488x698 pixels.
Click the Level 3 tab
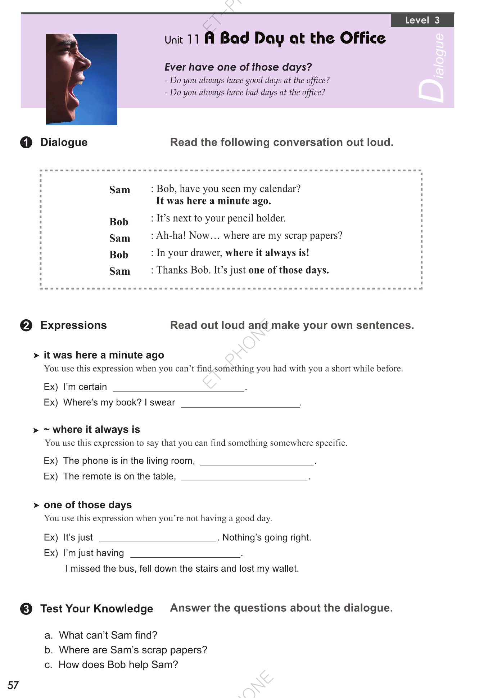[422, 20]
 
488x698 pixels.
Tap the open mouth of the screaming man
[73, 93]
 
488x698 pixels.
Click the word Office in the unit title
[362, 38]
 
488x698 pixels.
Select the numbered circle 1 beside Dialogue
[26, 143]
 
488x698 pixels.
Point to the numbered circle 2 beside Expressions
[26, 325]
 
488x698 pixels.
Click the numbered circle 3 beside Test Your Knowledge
[26, 609]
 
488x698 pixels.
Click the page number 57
[13, 685]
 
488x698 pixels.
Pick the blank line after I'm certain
[179, 388]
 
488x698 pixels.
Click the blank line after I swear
[240, 404]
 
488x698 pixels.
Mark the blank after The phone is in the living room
[257, 463]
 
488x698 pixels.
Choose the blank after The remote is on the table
[244, 478]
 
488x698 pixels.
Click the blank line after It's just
[158, 539]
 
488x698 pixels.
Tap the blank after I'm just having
[185, 555]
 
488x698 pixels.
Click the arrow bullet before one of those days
[36, 505]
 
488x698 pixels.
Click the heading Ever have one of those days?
[238, 67]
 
